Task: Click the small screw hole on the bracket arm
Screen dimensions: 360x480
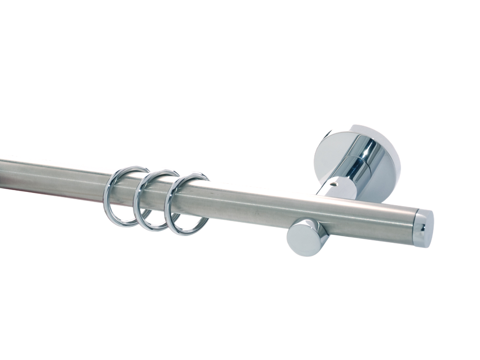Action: (335, 183)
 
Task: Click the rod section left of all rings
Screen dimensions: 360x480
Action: (53, 178)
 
